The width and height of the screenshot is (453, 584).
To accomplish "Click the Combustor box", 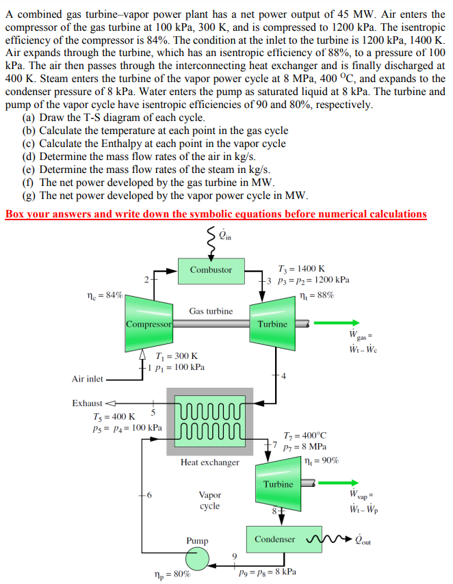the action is [211, 269].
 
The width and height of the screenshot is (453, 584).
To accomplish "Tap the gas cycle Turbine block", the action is [272, 323].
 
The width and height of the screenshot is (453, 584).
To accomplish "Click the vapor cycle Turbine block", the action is [278, 484].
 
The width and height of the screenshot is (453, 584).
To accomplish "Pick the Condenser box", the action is [275, 539].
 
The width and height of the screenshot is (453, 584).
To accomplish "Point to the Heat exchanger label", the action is [210, 463].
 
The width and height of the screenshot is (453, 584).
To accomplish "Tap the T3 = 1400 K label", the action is [302, 269].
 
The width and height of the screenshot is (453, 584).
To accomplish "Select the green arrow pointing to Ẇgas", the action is [346, 323].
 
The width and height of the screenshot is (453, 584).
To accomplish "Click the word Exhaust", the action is [87, 403].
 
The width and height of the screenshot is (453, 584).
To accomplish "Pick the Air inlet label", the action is [88, 378].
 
